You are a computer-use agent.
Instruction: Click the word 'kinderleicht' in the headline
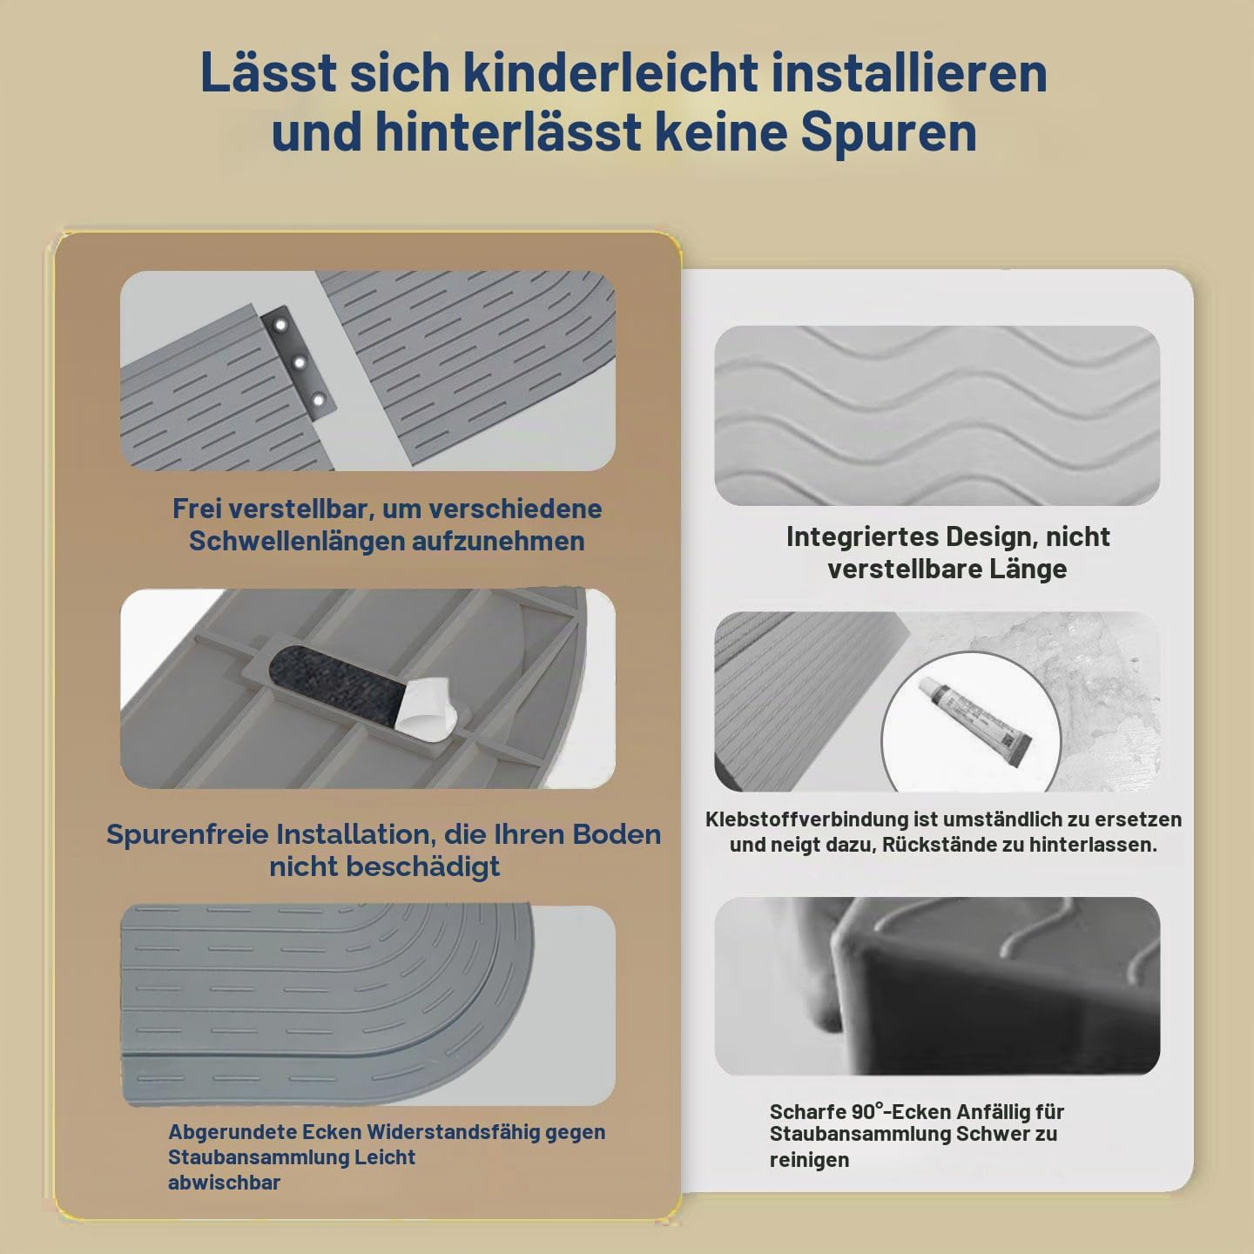pyautogui.click(x=611, y=72)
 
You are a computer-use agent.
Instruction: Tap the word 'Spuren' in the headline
pyautogui.click(x=889, y=133)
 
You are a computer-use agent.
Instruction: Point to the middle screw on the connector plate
pyautogui.click(x=300, y=362)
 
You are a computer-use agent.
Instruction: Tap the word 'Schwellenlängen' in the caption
pyautogui.click(x=297, y=542)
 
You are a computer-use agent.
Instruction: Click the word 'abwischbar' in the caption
pyautogui.click(x=224, y=1182)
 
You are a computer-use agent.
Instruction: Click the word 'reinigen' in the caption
pyautogui.click(x=810, y=1160)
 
